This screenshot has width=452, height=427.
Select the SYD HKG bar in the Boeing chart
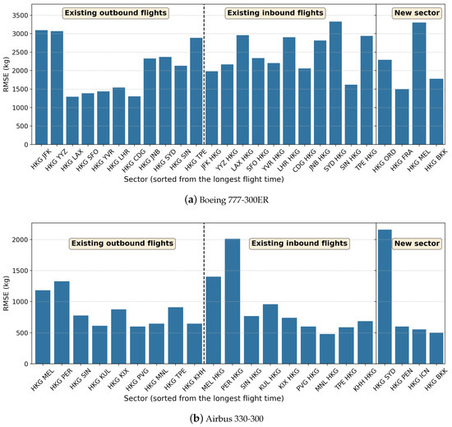[334, 83]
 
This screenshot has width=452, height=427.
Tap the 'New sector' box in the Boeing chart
[412, 13]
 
